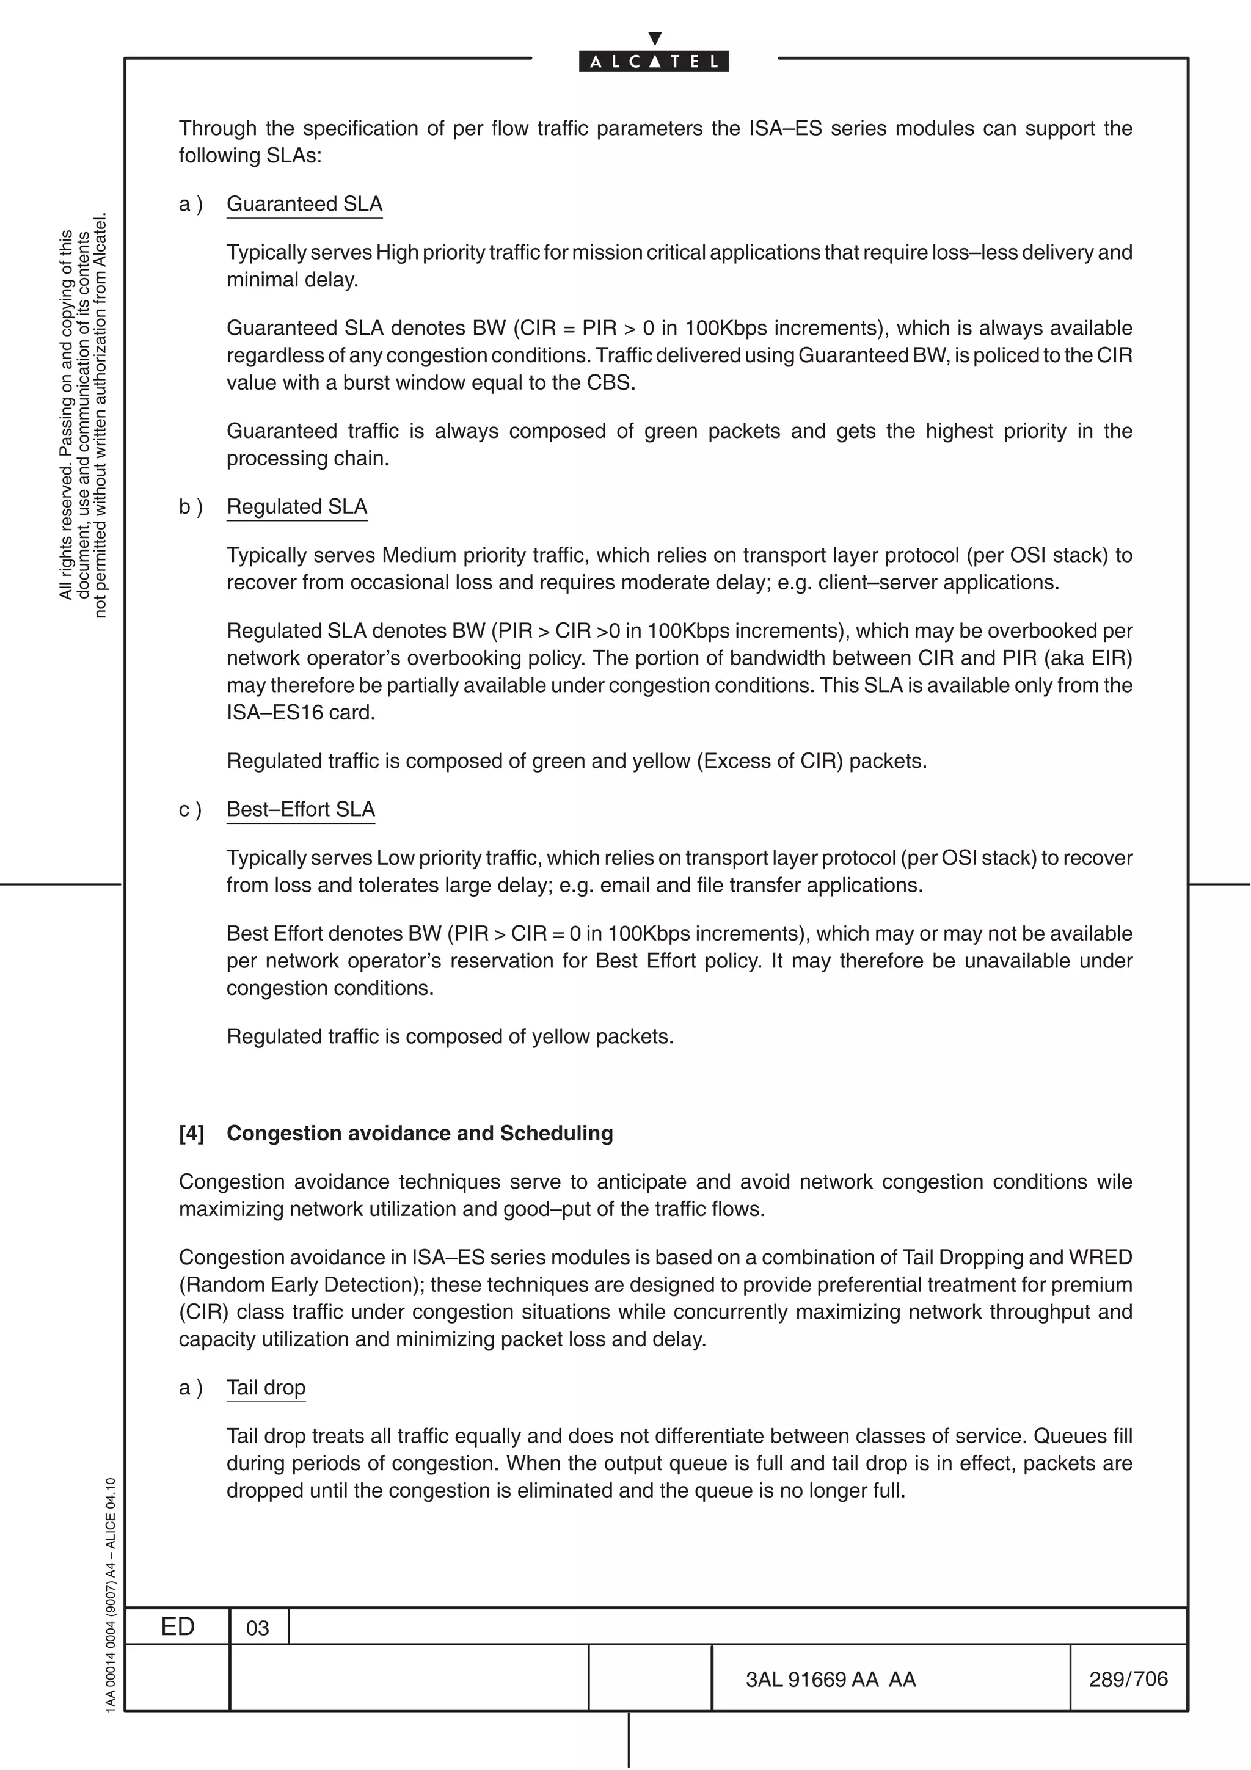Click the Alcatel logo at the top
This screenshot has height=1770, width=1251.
point(653,61)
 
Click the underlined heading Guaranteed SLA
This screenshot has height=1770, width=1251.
point(304,204)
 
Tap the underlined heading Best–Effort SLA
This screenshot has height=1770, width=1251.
point(301,809)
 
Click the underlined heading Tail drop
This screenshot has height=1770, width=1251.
point(266,1388)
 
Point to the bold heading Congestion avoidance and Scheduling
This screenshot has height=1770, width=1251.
point(420,1133)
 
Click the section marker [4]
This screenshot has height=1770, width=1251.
point(192,1133)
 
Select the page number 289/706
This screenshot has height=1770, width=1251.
point(1128,1679)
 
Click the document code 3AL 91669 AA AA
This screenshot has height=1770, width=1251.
point(830,1680)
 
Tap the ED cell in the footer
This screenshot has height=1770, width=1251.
point(177,1626)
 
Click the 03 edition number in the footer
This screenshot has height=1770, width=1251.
point(257,1628)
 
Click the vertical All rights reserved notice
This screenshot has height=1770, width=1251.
point(83,417)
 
